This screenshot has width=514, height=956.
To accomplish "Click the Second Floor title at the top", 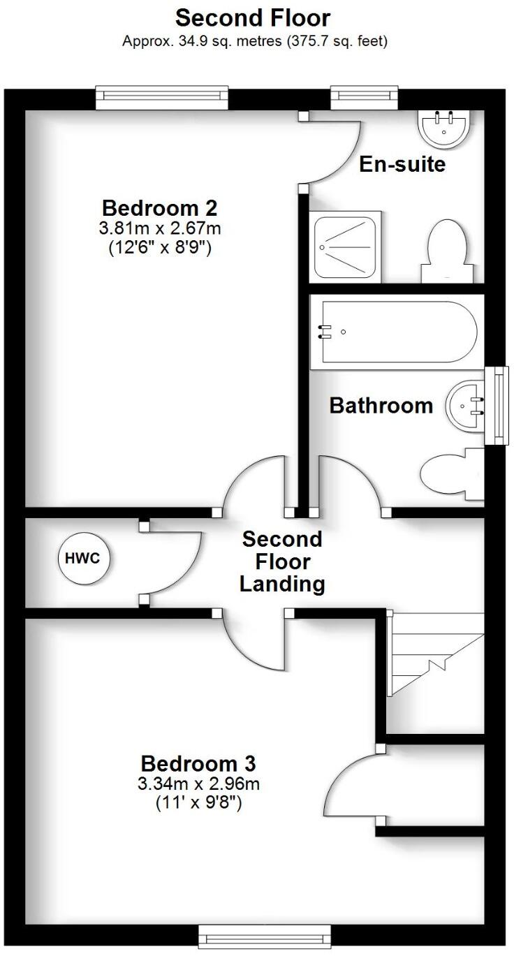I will pyautogui.click(x=253, y=17).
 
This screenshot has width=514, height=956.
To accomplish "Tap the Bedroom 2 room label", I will pyautogui.click(x=160, y=208).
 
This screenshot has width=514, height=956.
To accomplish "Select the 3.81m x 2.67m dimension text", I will pyautogui.click(x=160, y=228).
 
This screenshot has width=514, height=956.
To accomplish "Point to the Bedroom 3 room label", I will pyautogui.click(x=198, y=763).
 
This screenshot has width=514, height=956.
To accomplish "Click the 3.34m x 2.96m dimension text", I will pyautogui.click(x=198, y=784).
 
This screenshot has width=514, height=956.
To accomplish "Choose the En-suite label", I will pyautogui.click(x=402, y=165).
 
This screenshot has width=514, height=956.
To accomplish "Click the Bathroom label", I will pyautogui.click(x=381, y=406).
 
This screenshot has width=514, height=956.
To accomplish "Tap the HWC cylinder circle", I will pyautogui.click(x=85, y=558).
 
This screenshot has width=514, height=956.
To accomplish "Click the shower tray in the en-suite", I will pyautogui.click(x=347, y=245).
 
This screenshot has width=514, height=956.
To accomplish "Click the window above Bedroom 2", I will pyautogui.click(x=162, y=97).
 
